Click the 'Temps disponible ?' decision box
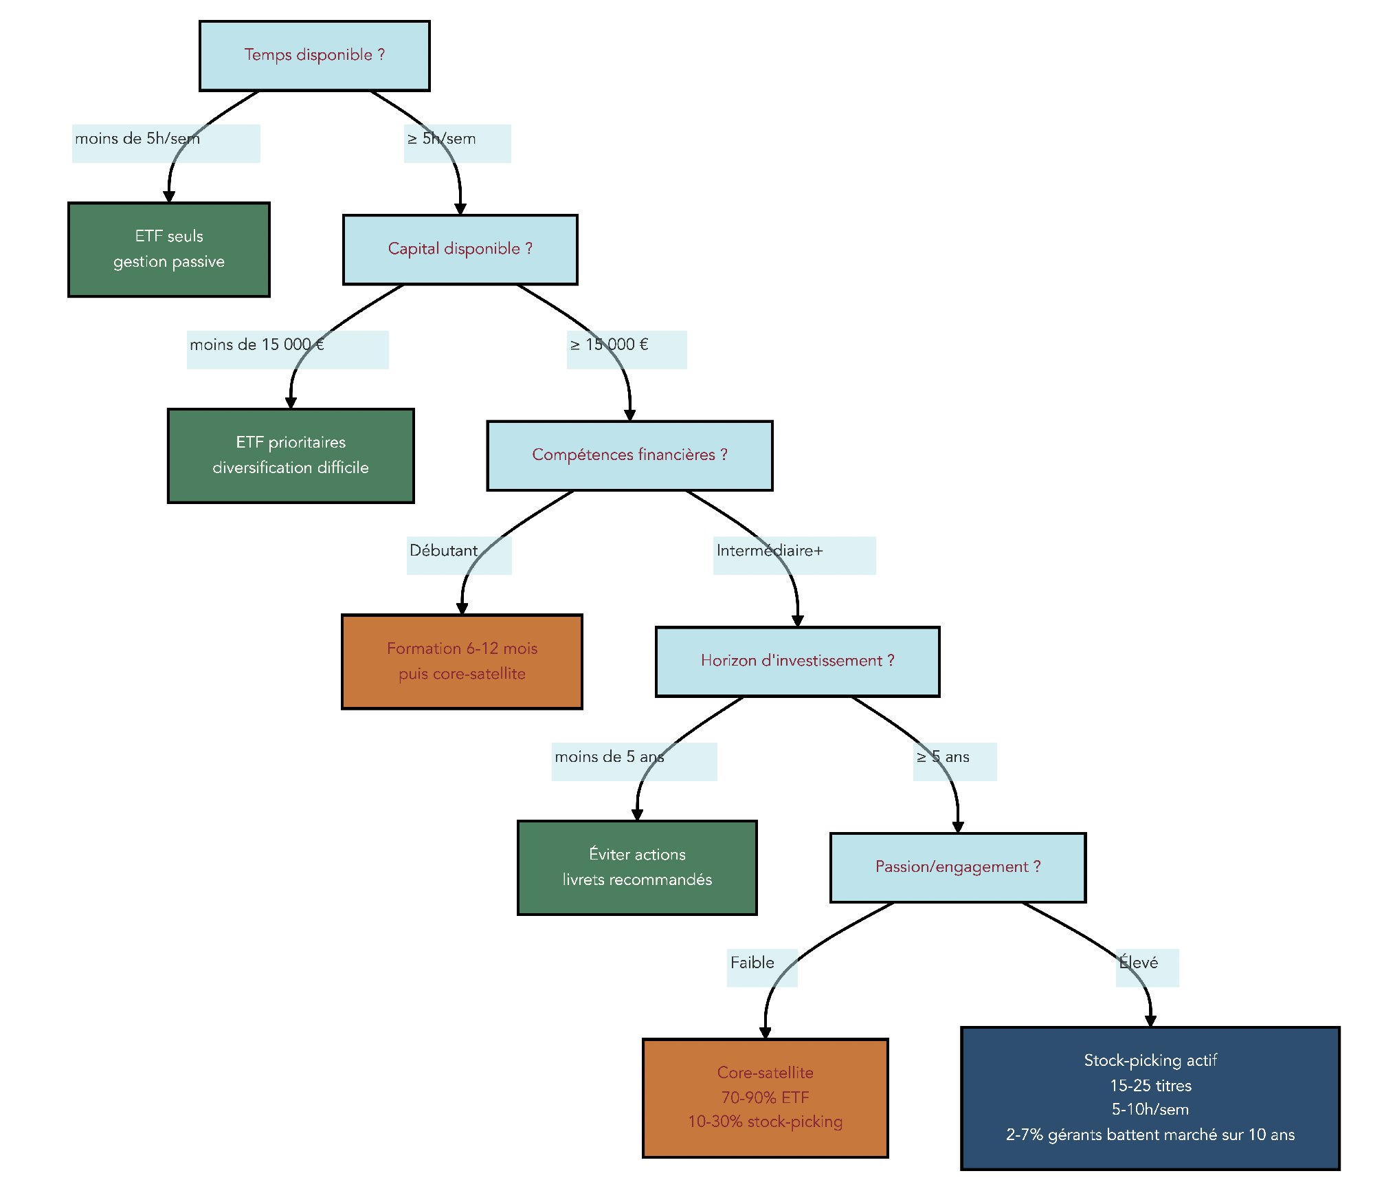pos(314,56)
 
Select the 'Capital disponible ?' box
pos(460,249)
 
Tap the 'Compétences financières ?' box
pos(629,455)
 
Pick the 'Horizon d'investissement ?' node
pos(797,661)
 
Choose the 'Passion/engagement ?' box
pos(957,867)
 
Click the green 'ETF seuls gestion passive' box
pos(168,249)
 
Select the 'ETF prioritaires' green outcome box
pos(290,455)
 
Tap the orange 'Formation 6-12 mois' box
pos(462,661)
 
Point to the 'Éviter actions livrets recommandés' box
pos(636,867)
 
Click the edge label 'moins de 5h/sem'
pos(137,139)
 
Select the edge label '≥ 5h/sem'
pos(442,139)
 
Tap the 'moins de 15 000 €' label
pos(256,345)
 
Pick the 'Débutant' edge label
pos(443,551)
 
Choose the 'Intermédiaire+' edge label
pos(769,551)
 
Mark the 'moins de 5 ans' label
pos(609,757)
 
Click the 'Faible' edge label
pos(752,963)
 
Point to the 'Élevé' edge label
pos(1138,963)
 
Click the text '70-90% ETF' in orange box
pos(765,1097)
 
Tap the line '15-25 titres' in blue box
pos(1150,1086)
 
